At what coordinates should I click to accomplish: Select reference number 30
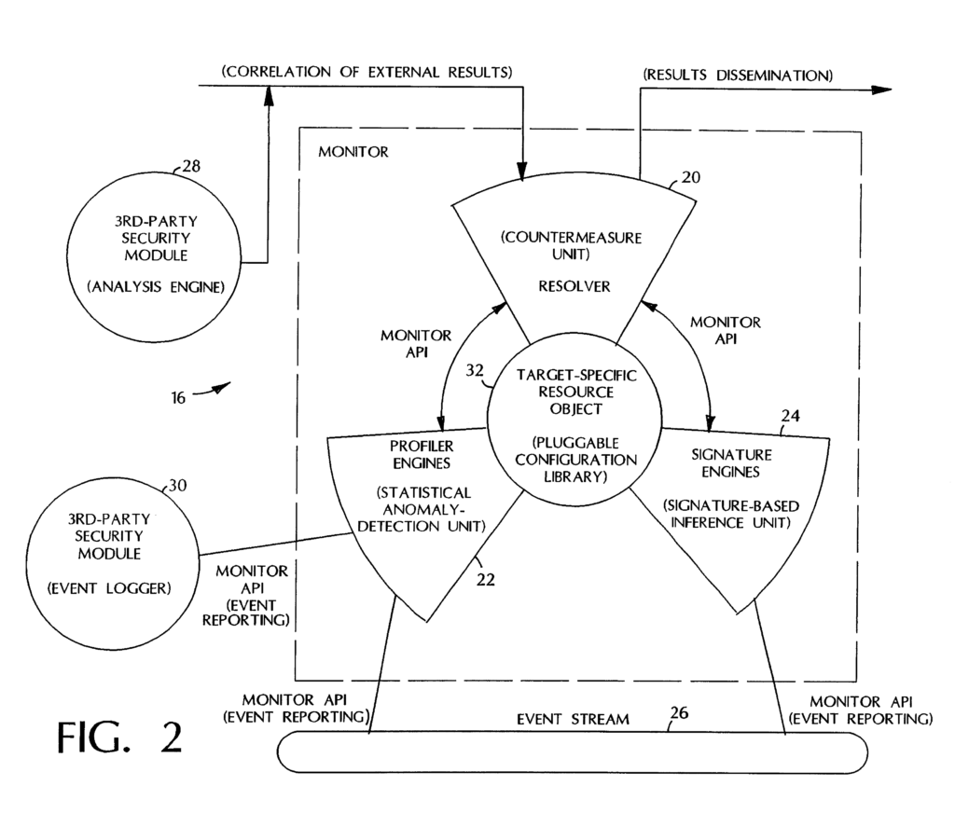coord(177,486)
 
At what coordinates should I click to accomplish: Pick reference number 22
coord(485,578)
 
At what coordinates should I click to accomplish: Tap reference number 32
coord(475,369)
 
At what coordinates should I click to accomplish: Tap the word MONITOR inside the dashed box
coord(353,151)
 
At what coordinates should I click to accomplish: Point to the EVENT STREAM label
coord(574,719)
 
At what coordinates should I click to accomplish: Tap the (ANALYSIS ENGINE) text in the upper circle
coord(156,287)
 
